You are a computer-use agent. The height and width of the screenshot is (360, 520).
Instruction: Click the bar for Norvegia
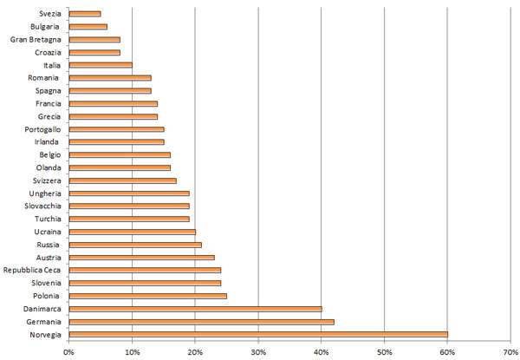[258, 334]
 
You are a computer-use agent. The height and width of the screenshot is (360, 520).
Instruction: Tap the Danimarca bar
[195, 308]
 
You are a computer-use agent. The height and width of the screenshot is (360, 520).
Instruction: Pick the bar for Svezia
[85, 14]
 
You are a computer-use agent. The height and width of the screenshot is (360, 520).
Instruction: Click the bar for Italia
[101, 65]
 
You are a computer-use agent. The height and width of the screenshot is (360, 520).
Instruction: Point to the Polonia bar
[147, 296]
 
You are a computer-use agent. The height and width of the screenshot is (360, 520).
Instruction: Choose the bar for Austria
[141, 258]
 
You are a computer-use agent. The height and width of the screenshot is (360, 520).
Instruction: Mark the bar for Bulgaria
[88, 27]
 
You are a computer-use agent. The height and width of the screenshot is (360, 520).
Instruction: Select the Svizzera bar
[122, 180]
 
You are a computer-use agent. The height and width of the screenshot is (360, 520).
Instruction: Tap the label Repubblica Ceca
[31, 270]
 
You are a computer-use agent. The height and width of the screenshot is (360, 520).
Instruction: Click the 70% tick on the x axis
[510, 350]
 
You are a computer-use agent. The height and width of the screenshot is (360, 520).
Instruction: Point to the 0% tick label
[68, 350]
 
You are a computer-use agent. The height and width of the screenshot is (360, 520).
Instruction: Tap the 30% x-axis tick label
[258, 350]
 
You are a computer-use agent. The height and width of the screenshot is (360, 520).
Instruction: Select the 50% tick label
[384, 350]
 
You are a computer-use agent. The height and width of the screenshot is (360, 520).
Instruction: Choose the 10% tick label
[132, 350]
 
